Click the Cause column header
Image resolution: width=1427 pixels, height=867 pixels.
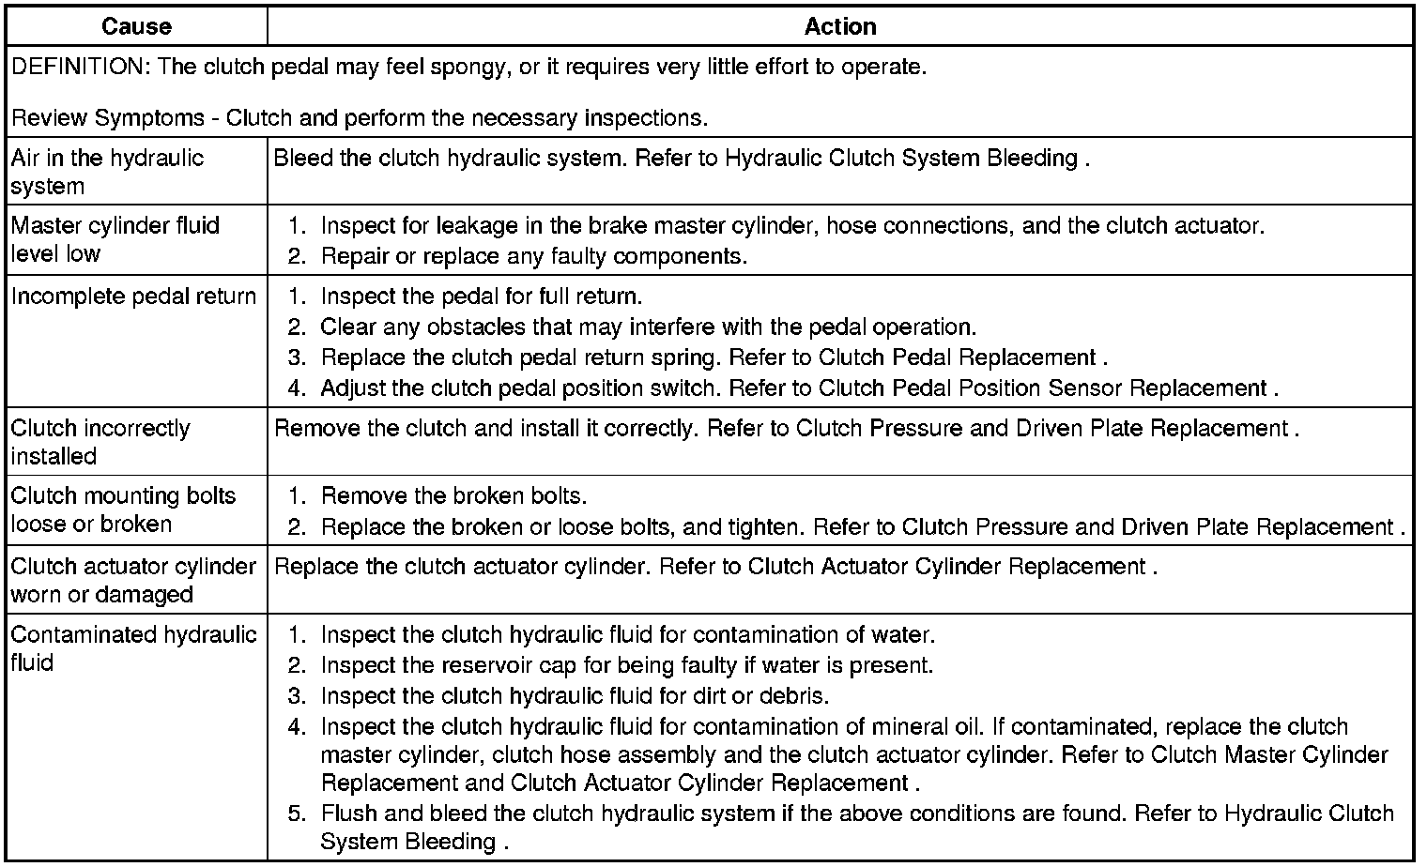pos(136,26)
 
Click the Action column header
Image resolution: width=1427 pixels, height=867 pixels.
pos(840,26)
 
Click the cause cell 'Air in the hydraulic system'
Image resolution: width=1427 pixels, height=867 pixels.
pos(107,172)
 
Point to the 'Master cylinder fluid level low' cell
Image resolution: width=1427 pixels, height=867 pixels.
pos(115,239)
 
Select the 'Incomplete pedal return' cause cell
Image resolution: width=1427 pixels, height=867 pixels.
pos(133,297)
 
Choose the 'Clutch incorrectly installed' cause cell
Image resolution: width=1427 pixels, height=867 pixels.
pos(100,442)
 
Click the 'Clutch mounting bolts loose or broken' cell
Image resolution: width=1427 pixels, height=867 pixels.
pos(123,510)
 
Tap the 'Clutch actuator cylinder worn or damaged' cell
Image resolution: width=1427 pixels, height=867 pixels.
pos(133,580)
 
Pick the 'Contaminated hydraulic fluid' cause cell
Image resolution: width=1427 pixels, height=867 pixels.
pos(133,648)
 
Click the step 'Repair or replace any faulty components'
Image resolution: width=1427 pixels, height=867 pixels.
pos(533,256)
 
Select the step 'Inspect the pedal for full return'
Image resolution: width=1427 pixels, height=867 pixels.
pos(481,297)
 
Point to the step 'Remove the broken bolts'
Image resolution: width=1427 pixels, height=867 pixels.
pos(453,495)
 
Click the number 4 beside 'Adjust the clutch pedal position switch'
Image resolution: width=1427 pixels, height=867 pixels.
pos(297,388)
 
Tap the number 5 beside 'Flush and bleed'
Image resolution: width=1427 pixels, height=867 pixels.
pos(297,814)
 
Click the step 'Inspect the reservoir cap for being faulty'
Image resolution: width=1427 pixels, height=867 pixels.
pos(626,665)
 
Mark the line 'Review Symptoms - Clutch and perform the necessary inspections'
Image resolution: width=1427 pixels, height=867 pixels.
pos(360,118)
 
